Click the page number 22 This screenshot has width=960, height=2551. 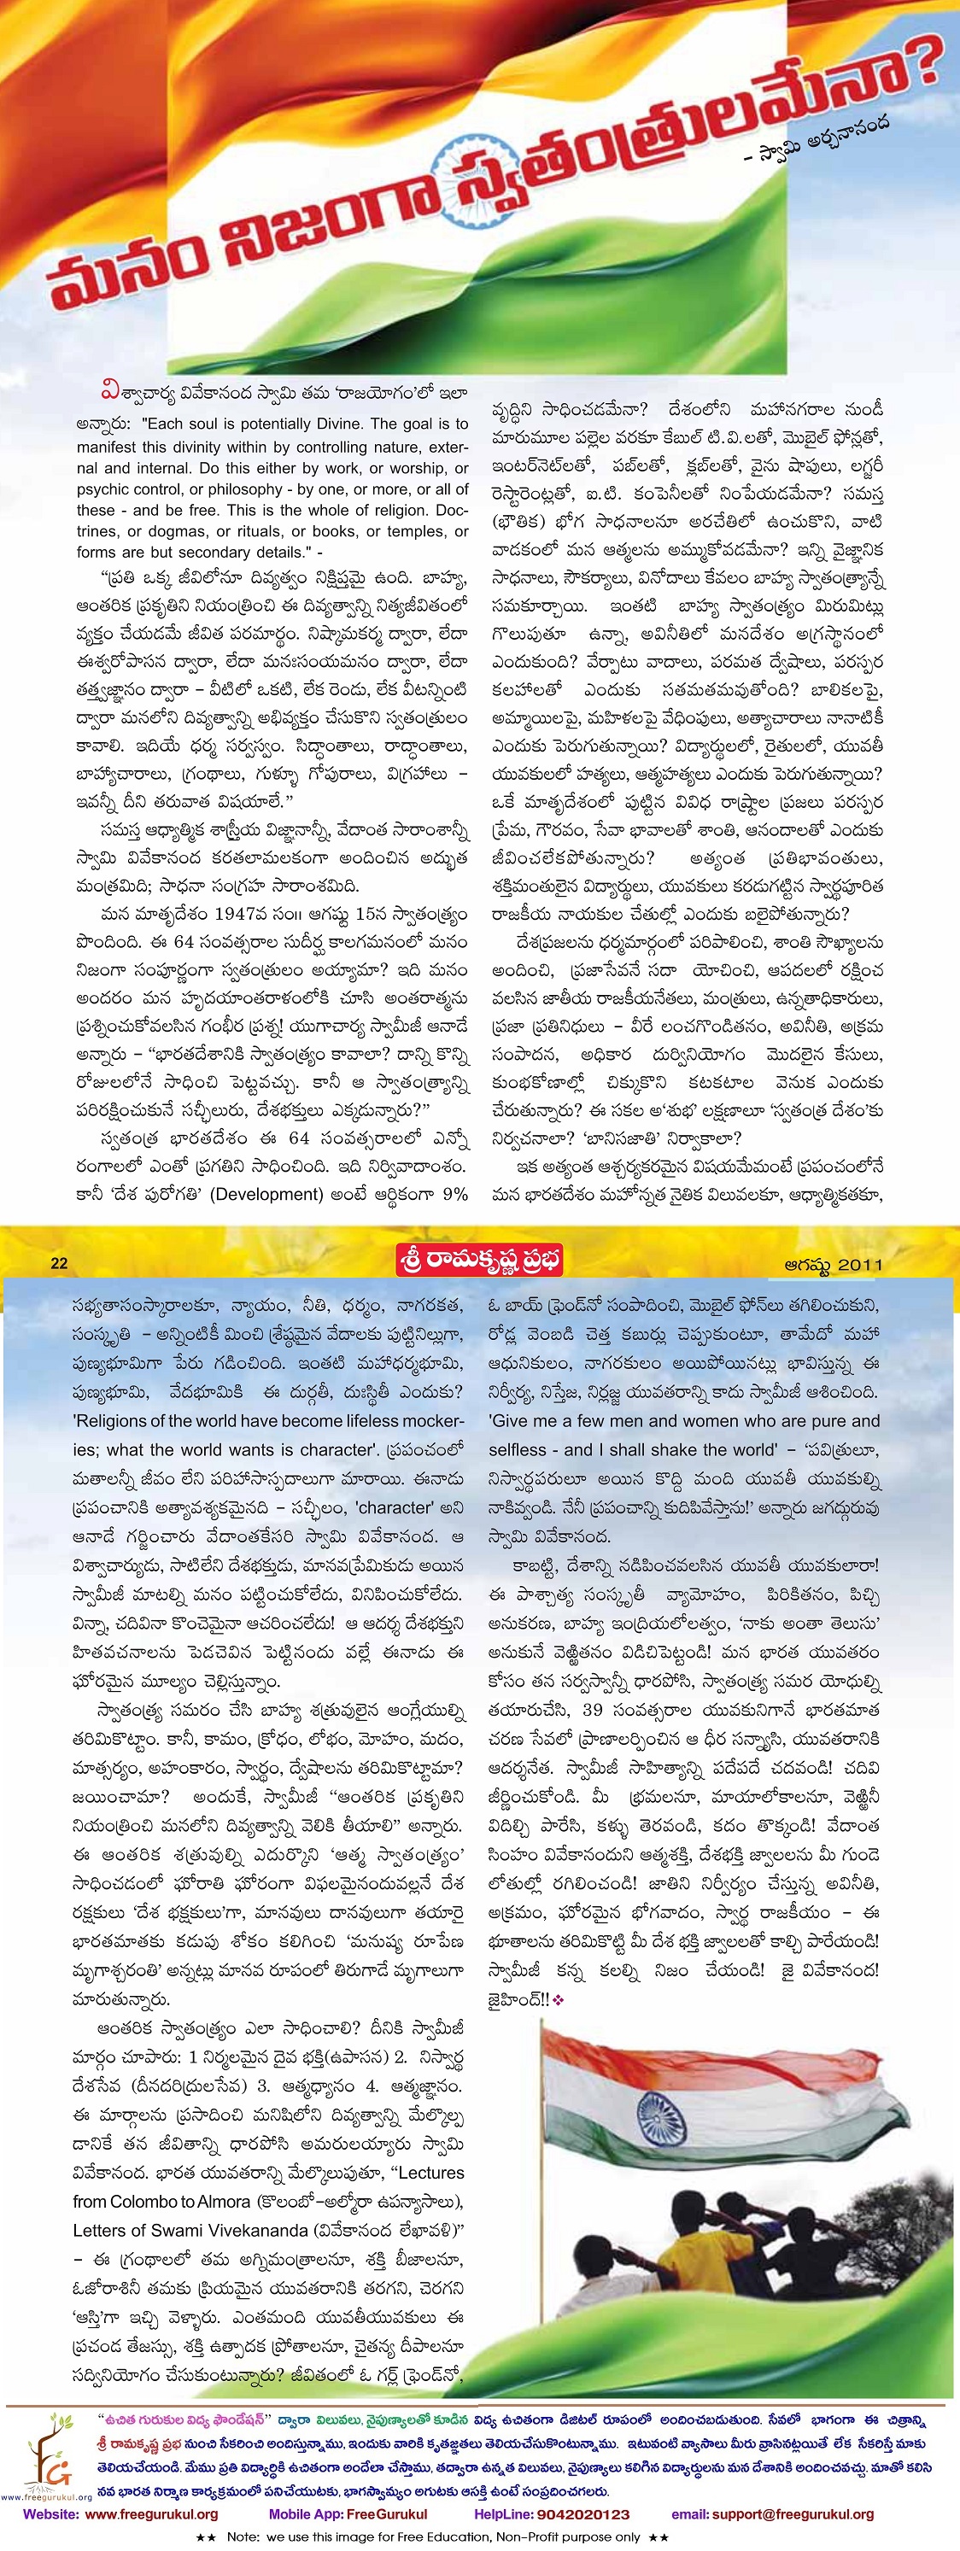(x=58, y=1262)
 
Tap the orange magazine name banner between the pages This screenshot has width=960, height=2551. (x=478, y=1261)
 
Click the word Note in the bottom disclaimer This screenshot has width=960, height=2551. (x=243, y=2536)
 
